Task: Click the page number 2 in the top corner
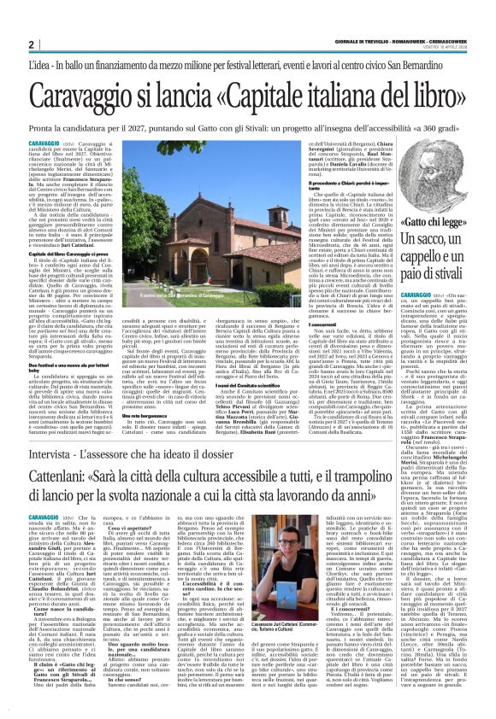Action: click(x=31, y=44)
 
